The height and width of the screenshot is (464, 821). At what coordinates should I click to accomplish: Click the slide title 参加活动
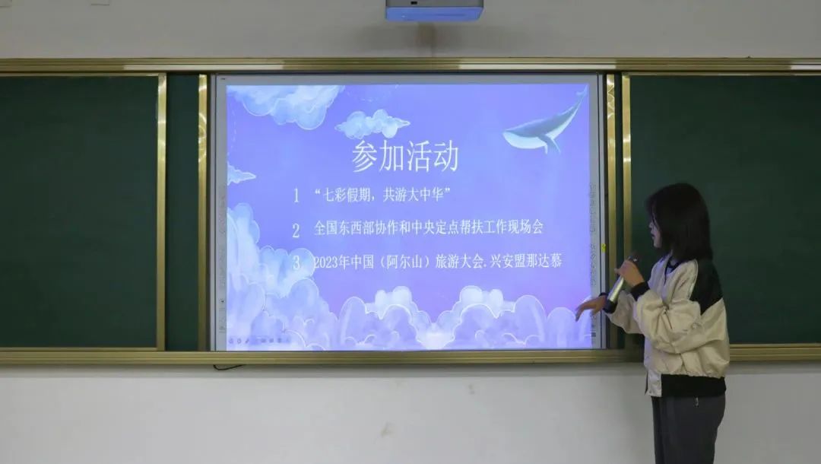point(405,156)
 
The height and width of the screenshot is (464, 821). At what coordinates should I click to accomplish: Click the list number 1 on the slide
point(296,195)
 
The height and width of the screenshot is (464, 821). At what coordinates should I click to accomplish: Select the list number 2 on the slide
point(296,230)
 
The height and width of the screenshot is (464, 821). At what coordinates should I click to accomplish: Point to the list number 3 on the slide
point(297,262)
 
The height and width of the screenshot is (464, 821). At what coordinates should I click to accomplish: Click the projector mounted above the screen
point(434,10)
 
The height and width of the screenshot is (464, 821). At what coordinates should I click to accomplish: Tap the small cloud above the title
point(372,124)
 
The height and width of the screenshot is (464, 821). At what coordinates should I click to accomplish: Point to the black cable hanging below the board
point(228,367)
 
